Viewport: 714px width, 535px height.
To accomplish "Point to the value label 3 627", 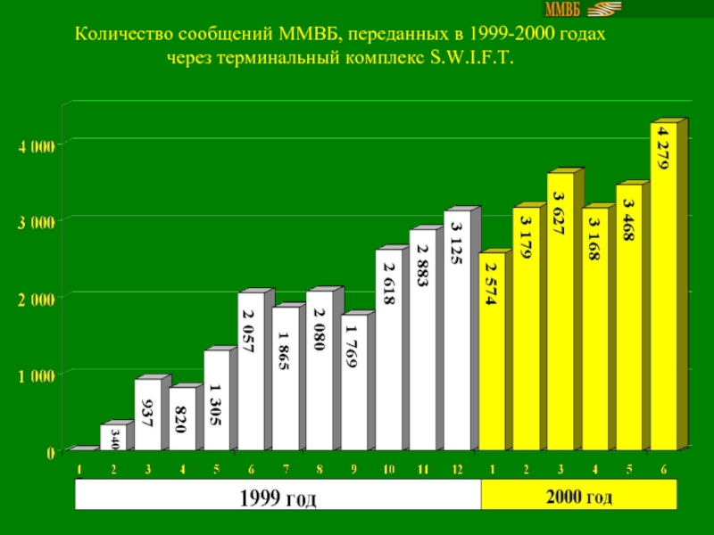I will click(x=559, y=213).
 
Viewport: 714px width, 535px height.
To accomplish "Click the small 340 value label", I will click(x=114, y=437).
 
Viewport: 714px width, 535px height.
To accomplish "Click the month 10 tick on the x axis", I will click(x=389, y=469).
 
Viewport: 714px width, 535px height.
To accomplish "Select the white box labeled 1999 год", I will click(x=278, y=496).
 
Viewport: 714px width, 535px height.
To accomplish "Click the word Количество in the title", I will click(x=121, y=36).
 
